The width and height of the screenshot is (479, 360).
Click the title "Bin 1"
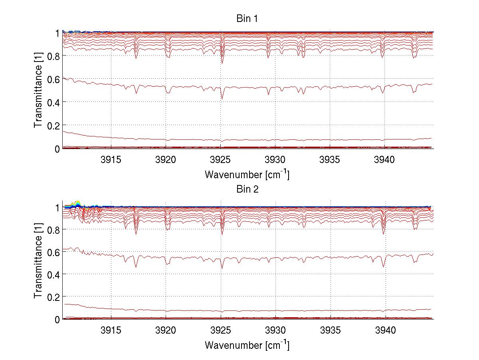(247, 19)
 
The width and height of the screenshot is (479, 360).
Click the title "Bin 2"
(247, 189)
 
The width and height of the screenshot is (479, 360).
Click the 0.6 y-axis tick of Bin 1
(53, 80)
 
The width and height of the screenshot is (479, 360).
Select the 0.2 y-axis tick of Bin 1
(53, 125)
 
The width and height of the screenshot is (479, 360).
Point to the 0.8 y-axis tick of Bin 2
(53, 229)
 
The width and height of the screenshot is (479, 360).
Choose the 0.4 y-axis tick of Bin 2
(53, 274)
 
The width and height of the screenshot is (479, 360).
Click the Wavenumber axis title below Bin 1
(247, 174)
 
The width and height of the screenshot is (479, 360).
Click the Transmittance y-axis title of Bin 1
(38, 90)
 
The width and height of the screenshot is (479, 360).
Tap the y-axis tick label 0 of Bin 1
(57, 149)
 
